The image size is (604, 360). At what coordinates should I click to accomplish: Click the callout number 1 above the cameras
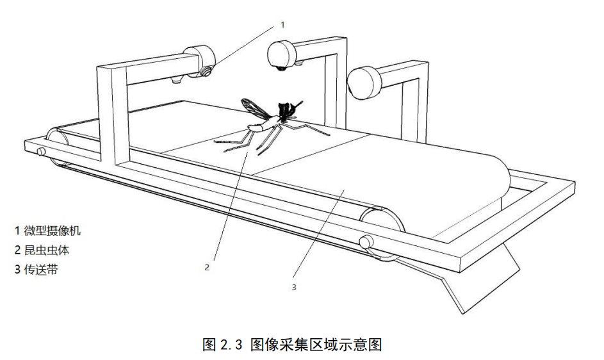(x=282, y=24)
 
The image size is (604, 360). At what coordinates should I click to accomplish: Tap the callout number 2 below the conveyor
(x=207, y=268)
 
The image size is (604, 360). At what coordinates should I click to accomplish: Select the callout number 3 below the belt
(x=294, y=288)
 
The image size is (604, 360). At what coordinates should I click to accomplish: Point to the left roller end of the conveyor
(x=56, y=142)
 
